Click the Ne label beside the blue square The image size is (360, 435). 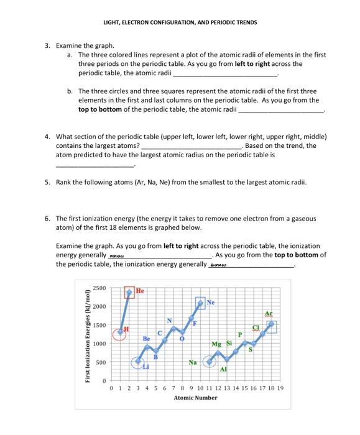(210, 303)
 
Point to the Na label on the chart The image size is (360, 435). (193, 362)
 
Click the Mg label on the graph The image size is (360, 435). (216, 344)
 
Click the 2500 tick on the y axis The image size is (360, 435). (99, 288)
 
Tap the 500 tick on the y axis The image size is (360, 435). (101, 362)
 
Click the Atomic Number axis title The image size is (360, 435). (195, 398)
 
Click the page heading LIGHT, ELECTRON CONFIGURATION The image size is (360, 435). (180, 22)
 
